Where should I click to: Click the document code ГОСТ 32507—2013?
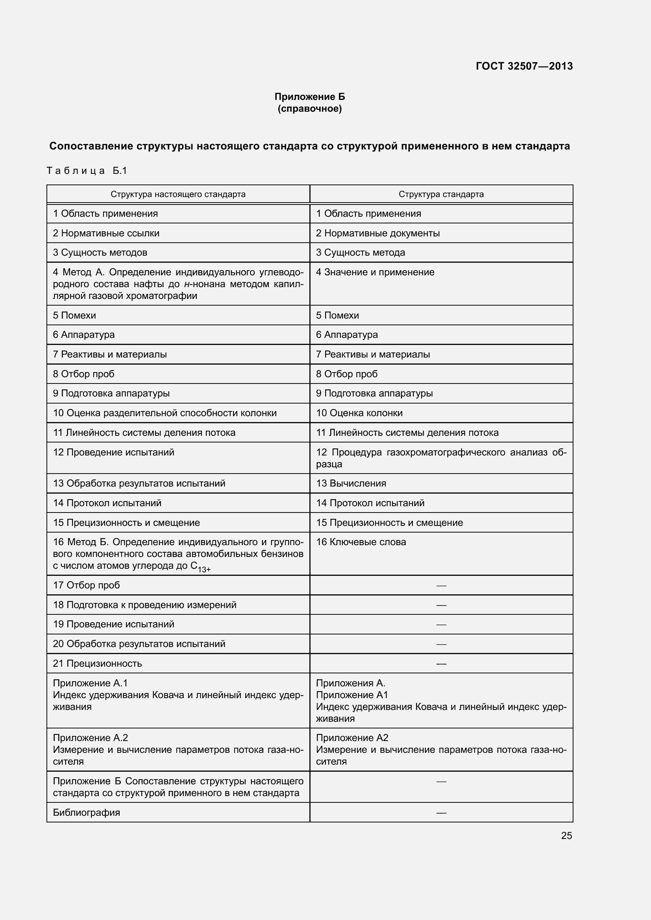click(x=524, y=66)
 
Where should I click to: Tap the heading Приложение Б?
click(x=309, y=97)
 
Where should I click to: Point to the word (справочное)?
click(x=309, y=109)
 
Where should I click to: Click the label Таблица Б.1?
click(x=87, y=171)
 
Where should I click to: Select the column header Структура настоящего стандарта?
click(x=178, y=194)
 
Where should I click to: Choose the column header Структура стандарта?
click(x=441, y=194)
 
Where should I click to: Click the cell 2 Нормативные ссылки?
click(x=106, y=233)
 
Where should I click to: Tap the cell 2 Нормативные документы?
click(x=377, y=233)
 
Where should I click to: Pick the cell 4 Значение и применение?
click(x=375, y=272)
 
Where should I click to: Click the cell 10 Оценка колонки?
click(x=359, y=413)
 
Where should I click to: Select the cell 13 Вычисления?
click(x=351, y=483)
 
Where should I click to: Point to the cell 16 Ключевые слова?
click(x=361, y=542)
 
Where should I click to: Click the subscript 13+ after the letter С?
click(x=204, y=569)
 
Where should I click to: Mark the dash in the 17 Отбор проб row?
click(x=441, y=585)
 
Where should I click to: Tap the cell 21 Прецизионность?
click(x=97, y=663)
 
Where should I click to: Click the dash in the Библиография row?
click(x=441, y=813)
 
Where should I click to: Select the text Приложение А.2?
click(x=90, y=737)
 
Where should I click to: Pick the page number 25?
click(x=566, y=835)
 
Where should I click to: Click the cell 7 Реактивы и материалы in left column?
click(x=110, y=354)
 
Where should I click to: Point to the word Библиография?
click(x=87, y=813)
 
